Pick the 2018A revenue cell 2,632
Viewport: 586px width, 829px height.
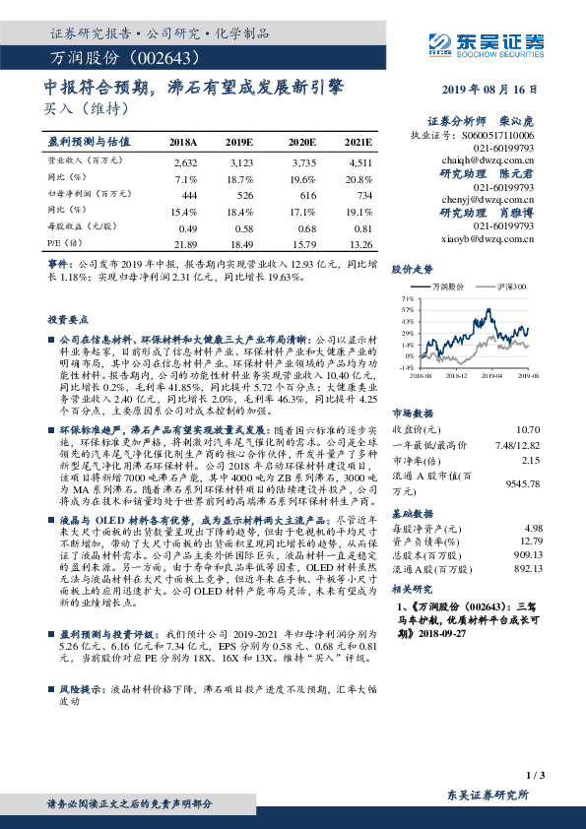click(x=185, y=160)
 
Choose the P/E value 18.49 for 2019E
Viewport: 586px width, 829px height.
click(x=240, y=244)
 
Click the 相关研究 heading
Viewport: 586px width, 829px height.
click(x=412, y=616)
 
